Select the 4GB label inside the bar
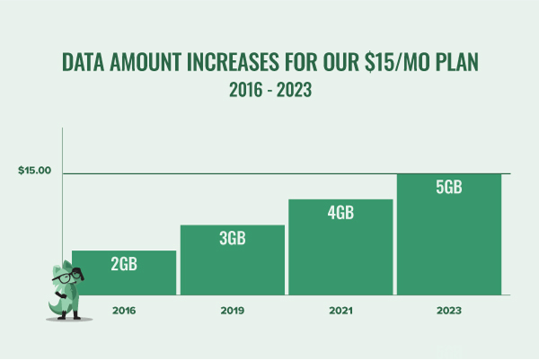point(340,213)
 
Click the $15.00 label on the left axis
point(34,171)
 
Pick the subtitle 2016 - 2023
point(269,90)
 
